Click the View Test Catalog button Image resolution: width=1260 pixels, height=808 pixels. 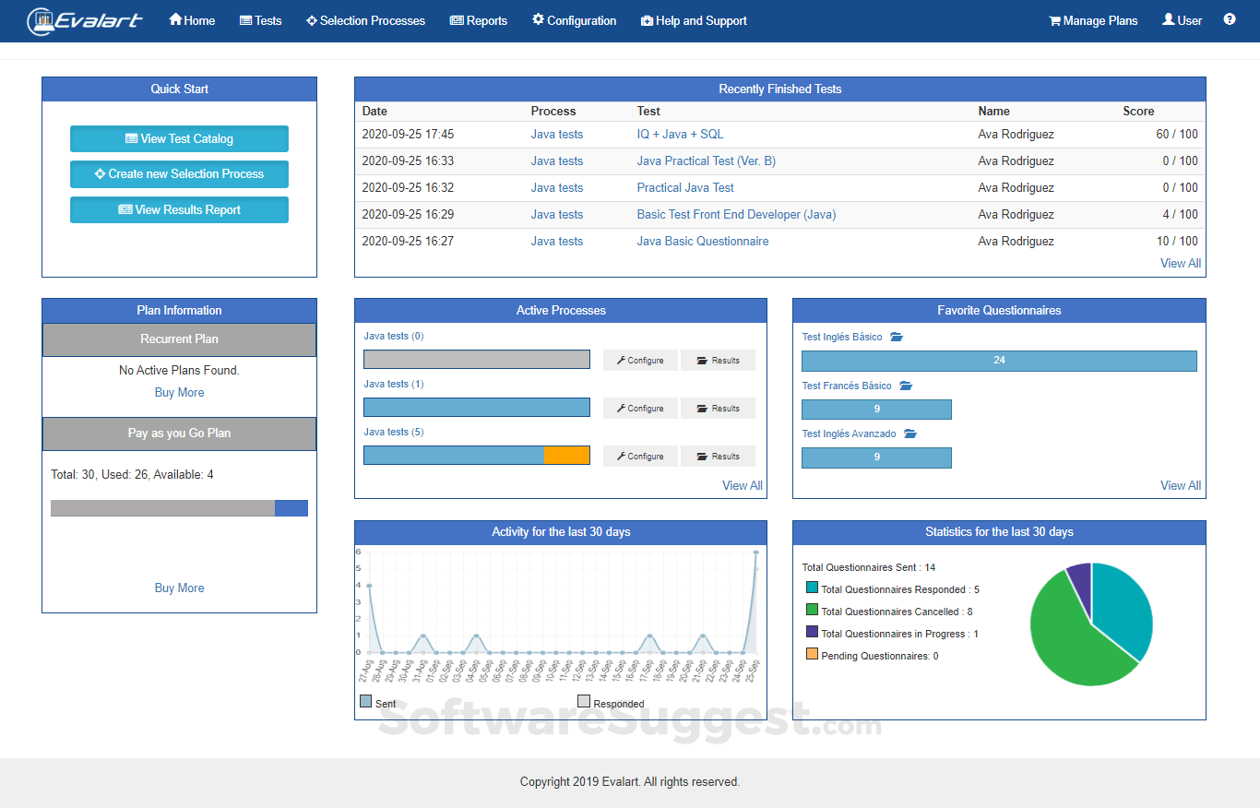(x=179, y=139)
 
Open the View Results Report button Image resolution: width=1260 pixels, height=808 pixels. (x=179, y=210)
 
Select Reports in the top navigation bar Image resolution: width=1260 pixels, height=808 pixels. (x=479, y=20)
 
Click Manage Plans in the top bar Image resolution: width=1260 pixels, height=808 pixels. (x=1093, y=20)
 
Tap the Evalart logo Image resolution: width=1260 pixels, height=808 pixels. (x=85, y=20)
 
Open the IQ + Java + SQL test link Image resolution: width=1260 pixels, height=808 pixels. (x=680, y=135)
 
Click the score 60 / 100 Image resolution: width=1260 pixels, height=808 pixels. (x=1176, y=135)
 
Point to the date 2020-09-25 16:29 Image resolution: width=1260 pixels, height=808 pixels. (x=408, y=215)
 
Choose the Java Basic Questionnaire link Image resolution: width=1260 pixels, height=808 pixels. (x=702, y=242)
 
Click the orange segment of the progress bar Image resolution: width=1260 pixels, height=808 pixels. (x=566, y=456)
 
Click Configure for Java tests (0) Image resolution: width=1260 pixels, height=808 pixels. (x=640, y=361)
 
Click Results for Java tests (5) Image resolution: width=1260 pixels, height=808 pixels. (x=718, y=457)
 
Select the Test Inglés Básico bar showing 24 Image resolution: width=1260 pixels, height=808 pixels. (x=999, y=361)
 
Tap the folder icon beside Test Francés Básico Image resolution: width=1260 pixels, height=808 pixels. (x=906, y=386)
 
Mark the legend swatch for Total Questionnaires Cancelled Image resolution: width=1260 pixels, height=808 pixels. (x=812, y=610)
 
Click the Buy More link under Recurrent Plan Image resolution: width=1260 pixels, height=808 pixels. (x=179, y=393)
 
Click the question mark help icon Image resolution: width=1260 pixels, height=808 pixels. (x=1230, y=19)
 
